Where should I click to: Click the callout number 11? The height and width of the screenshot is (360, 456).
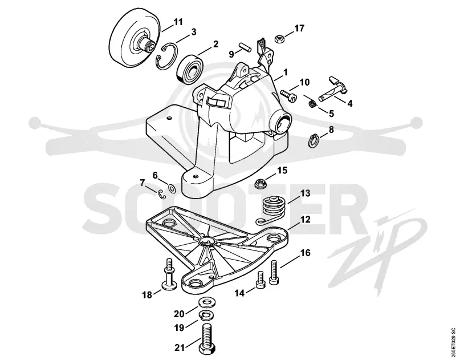178,22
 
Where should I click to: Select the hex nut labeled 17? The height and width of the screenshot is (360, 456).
279,38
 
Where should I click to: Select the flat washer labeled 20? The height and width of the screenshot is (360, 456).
206,302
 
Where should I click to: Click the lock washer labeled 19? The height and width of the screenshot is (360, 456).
206,314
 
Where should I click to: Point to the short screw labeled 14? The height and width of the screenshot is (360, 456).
260,280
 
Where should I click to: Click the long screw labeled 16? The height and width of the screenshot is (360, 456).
274,272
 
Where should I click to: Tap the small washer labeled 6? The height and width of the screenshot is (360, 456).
172,189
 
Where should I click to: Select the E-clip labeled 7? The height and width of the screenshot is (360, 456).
162,195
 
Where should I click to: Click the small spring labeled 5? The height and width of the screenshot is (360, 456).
312,103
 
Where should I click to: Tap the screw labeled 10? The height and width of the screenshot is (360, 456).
288,96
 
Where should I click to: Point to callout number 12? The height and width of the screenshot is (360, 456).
306,220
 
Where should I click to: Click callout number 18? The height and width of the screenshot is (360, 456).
147,295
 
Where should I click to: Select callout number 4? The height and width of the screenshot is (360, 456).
350,103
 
